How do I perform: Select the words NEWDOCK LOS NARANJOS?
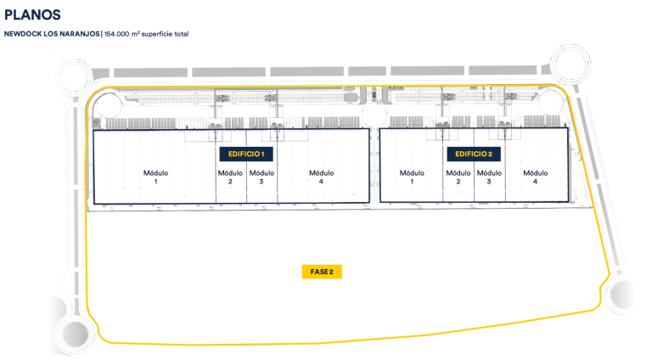(52, 34)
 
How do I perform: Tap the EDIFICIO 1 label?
(246, 155)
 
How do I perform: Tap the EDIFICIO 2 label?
(473, 155)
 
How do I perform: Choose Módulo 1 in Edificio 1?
(156, 177)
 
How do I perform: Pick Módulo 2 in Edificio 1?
(231, 177)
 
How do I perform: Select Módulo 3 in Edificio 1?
(261, 177)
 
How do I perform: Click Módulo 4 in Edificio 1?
(322, 177)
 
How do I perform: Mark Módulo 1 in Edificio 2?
(413, 177)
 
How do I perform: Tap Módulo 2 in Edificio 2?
(458, 177)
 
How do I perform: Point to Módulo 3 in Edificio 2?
(489, 177)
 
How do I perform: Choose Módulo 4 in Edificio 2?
(536, 177)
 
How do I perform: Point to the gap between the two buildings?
(374, 166)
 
